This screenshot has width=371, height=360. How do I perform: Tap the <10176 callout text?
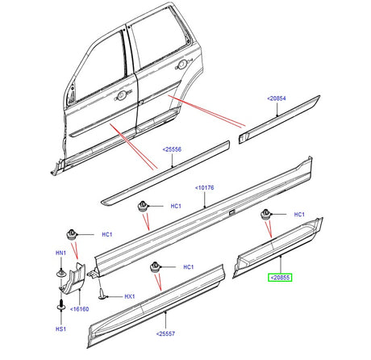[205, 189]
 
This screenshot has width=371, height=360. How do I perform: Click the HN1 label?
[60, 253]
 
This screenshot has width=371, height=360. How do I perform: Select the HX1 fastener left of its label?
[102, 295]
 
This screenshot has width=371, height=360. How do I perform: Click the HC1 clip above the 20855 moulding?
[263, 215]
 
